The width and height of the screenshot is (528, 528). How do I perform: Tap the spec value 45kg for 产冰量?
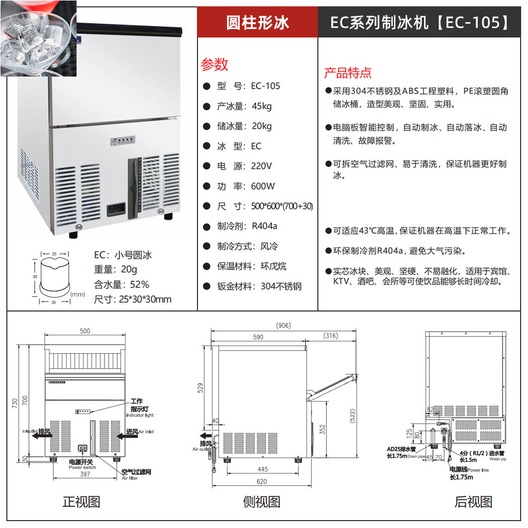click(262, 106)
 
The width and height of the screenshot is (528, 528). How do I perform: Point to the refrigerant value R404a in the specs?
click(265, 227)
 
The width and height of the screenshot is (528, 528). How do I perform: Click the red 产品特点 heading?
click(347, 73)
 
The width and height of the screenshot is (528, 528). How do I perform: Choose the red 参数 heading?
click(214, 64)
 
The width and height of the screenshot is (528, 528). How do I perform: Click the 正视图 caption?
click(81, 502)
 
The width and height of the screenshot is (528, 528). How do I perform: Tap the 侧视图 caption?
click(261, 502)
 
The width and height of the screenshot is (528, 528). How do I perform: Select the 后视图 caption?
click(473, 502)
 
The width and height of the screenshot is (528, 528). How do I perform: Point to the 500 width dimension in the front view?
click(84, 331)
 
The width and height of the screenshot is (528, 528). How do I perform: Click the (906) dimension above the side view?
click(282, 325)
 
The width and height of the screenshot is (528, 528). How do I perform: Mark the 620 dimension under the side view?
click(261, 482)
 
